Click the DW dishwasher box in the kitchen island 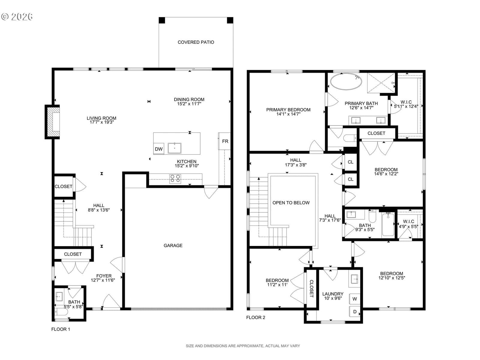[158, 148]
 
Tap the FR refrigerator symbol [224, 141]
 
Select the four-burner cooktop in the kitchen [175, 178]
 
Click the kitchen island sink [175, 148]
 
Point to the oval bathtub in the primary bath [346, 81]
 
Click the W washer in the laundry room [355, 299]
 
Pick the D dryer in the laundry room [355, 312]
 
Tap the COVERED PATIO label [196, 42]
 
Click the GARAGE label [173, 245]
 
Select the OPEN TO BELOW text [291, 202]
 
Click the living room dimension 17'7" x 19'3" [102, 122]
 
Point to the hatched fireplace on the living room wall [52, 122]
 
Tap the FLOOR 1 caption [61, 329]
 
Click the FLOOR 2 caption [256, 317]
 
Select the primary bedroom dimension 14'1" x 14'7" [288, 114]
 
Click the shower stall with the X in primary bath [381, 82]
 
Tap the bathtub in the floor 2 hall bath [388, 224]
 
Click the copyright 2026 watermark [17, 16]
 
